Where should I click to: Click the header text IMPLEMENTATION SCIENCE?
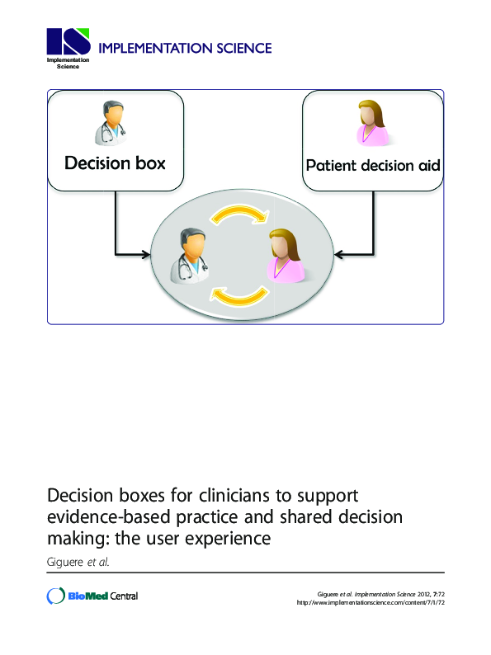click(x=185, y=48)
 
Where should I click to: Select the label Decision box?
click(x=115, y=163)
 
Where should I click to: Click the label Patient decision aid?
click(x=373, y=165)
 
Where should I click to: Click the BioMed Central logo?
click(x=92, y=596)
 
